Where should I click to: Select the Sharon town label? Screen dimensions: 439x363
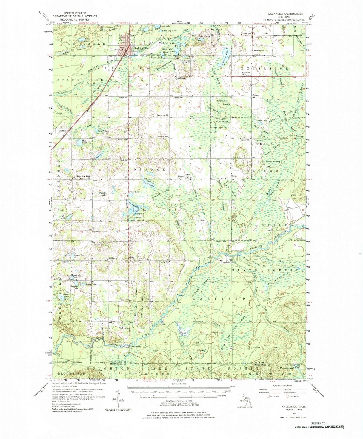[226, 263]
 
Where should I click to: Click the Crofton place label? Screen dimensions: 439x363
[62, 131]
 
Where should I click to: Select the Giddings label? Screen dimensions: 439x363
[112, 258]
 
